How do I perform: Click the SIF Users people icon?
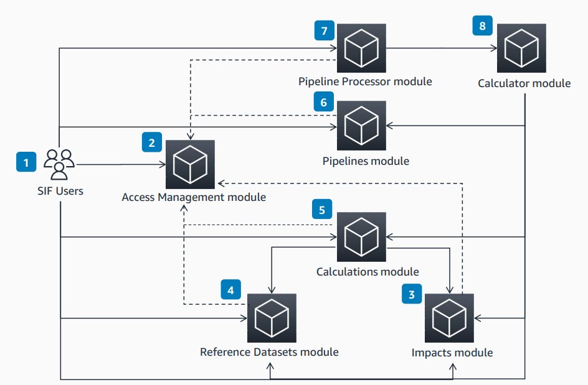click(59, 164)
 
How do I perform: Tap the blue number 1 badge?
click(26, 164)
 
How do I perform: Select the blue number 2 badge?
click(151, 143)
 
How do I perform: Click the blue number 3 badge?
click(410, 295)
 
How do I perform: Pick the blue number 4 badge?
click(231, 290)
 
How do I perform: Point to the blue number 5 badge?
click(322, 210)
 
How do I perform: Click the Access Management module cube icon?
click(190, 165)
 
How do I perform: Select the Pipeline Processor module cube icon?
click(361, 49)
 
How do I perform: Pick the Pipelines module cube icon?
click(361, 125)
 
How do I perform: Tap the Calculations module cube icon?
click(361, 237)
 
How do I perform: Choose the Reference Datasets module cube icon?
click(272, 318)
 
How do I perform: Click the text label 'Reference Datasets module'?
click(269, 352)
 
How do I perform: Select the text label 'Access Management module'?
click(194, 197)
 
